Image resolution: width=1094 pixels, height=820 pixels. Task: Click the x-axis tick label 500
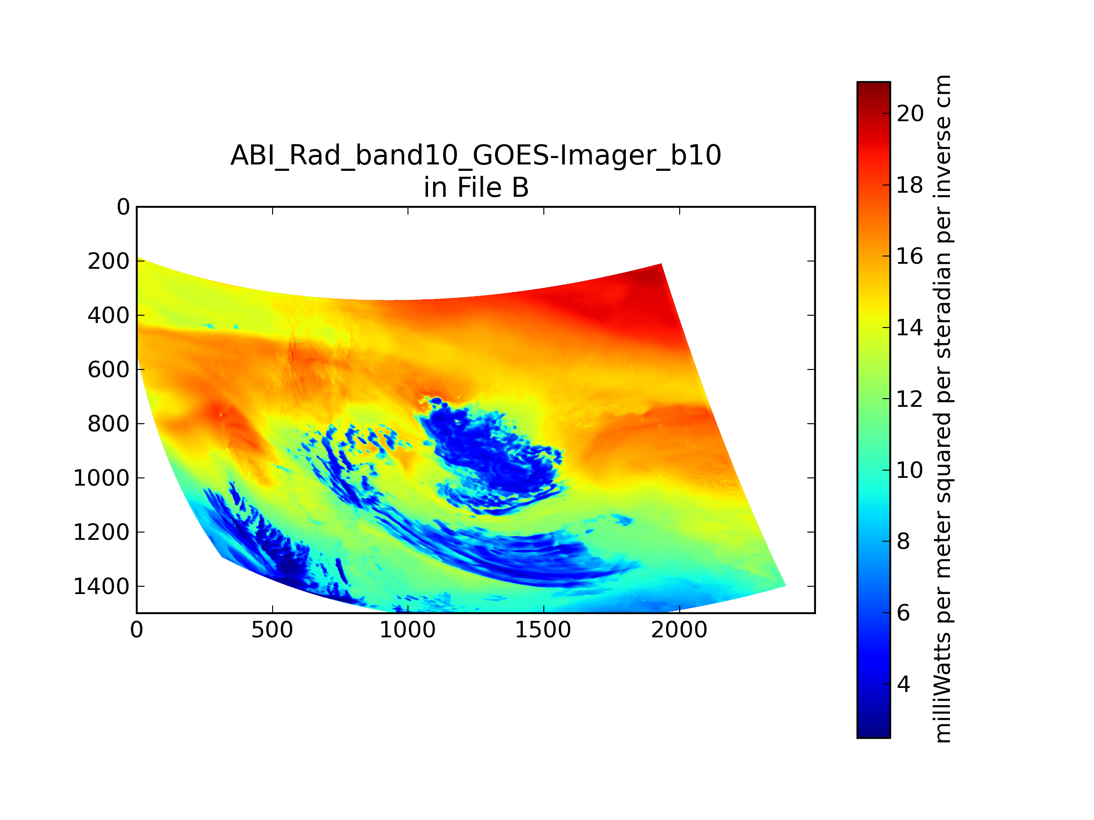coord(272,630)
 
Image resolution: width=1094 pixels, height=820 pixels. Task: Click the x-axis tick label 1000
coord(408,630)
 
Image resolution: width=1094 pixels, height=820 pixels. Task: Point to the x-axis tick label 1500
coord(543,630)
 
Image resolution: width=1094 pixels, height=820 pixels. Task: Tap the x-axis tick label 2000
coord(679,630)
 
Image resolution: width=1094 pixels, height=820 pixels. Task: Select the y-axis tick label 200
coord(108,261)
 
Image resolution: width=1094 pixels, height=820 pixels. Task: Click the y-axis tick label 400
coord(108,315)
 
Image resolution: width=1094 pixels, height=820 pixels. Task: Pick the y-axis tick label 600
coord(108,370)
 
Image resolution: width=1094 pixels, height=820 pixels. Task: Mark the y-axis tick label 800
coord(108,424)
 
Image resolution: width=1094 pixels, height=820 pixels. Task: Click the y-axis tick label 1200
coord(101,533)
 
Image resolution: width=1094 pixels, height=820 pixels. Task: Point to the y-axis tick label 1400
coord(101,587)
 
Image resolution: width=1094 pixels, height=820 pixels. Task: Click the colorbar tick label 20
coord(910,114)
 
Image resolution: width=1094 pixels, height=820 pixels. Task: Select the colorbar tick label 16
coord(910,256)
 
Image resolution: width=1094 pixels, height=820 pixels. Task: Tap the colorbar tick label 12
coord(910,399)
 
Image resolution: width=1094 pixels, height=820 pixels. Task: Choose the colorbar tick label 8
coord(903,542)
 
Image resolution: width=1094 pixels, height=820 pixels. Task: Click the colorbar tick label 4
coord(903,684)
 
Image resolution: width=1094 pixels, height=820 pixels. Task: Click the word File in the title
coord(479,188)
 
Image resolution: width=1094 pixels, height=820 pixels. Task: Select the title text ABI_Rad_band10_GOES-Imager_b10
coord(476,155)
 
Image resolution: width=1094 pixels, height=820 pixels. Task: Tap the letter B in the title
coord(520,188)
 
